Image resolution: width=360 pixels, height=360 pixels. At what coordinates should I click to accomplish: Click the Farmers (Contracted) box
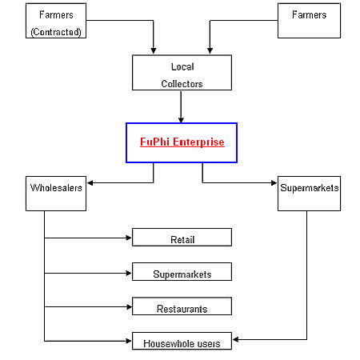[x=56, y=21]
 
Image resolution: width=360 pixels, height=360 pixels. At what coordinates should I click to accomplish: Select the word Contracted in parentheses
[x=56, y=32]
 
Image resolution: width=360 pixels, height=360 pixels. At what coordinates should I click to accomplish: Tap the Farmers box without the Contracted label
[x=309, y=21]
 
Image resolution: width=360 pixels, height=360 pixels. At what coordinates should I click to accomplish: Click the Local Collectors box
[x=182, y=73]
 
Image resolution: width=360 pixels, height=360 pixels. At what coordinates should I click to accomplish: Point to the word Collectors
[x=182, y=84]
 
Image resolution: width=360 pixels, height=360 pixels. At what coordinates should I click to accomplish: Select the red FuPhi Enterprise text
[x=182, y=142]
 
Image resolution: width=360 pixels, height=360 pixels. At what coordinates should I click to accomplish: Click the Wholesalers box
[x=56, y=194]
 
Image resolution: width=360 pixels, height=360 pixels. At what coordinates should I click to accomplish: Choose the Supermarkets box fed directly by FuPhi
[x=309, y=194]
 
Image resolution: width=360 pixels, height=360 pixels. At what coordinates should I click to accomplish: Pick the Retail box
[x=182, y=237]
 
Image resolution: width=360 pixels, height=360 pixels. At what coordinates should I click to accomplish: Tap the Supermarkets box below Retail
[x=182, y=271]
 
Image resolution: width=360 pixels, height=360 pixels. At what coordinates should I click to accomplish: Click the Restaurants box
[x=182, y=306]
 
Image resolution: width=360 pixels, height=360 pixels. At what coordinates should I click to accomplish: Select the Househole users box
[x=182, y=341]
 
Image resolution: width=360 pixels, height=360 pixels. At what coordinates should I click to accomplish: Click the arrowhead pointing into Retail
[x=129, y=238]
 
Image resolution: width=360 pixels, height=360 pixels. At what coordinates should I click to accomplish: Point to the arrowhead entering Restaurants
[x=129, y=306]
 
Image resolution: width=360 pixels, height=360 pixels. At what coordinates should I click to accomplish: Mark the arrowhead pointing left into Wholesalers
[x=90, y=182]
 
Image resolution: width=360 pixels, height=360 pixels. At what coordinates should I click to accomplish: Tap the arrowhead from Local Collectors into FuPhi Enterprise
[x=181, y=120]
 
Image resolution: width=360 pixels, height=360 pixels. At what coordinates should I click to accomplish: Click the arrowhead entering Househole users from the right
[x=236, y=339]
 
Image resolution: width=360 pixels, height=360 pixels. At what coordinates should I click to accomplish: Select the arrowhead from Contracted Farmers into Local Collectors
[x=154, y=50]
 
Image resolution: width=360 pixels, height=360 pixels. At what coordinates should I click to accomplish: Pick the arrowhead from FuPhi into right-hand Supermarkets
[x=274, y=182]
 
